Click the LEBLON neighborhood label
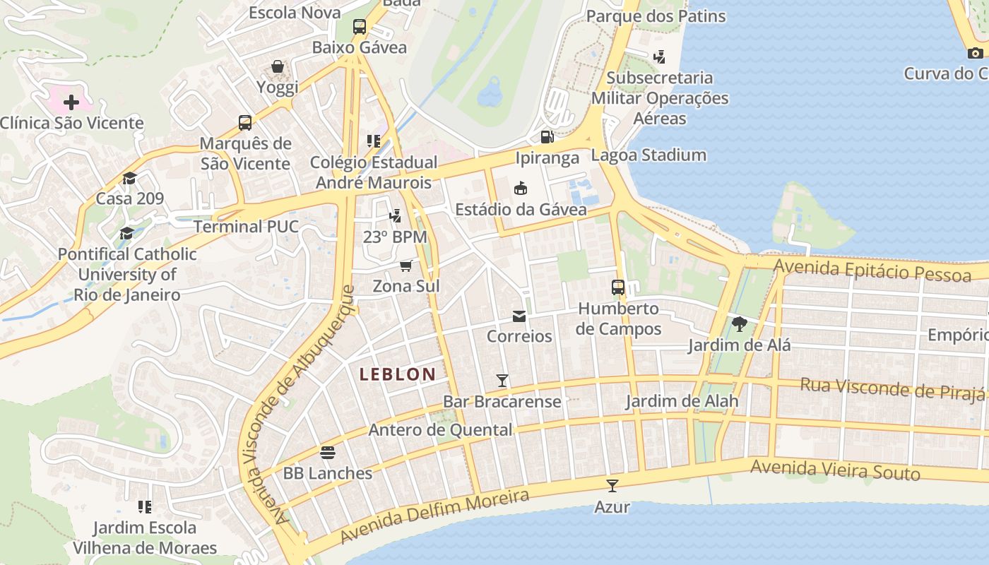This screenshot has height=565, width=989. [x=397, y=374]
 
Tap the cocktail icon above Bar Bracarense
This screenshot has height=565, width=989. [x=502, y=381]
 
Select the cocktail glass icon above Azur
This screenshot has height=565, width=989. [x=612, y=486]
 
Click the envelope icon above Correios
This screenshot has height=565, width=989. [x=519, y=316]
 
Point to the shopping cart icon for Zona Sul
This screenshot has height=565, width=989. [x=405, y=266]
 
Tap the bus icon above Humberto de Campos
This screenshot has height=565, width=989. [x=618, y=287]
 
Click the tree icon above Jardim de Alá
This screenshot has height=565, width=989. [x=740, y=324]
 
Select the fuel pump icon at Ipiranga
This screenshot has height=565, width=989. [x=547, y=137]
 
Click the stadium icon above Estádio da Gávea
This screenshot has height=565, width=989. [x=521, y=188]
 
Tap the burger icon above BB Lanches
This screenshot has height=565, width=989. [x=328, y=452]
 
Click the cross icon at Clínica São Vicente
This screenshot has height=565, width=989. [x=71, y=102]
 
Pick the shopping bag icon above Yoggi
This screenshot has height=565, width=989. [x=278, y=67]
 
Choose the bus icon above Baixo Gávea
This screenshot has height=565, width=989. [x=360, y=27]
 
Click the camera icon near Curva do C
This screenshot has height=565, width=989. [x=976, y=53]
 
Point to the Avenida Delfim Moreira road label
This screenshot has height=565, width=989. [x=434, y=517]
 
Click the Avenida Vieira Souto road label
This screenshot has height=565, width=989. [x=835, y=470]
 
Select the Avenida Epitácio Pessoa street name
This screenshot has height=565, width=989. [x=872, y=270]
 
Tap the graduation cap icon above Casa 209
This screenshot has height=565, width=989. [x=129, y=178]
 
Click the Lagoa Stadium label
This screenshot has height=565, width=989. [x=649, y=155]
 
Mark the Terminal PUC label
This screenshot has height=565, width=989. [x=246, y=227]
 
